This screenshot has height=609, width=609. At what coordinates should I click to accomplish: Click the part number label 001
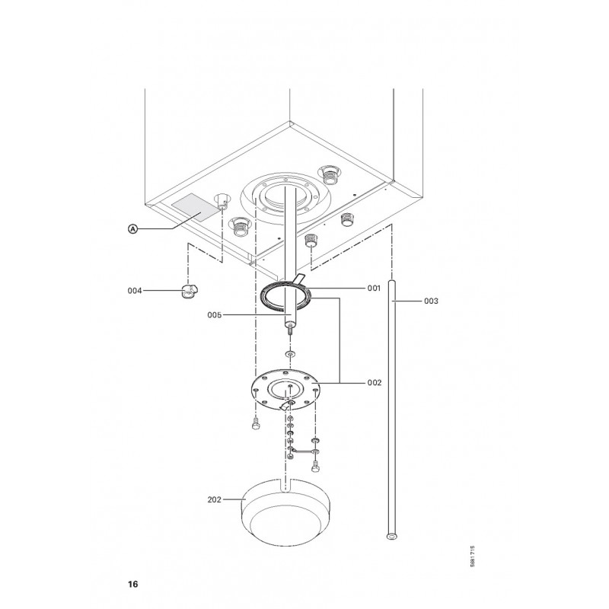click(374, 289)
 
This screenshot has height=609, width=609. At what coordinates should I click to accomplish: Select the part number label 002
click(375, 383)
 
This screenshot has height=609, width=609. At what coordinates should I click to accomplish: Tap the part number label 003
click(431, 301)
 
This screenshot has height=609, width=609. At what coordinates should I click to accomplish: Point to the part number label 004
click(135, 291)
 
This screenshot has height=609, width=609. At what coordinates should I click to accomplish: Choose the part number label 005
click(215, 315)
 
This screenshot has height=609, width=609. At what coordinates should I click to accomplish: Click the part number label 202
click(215, 499)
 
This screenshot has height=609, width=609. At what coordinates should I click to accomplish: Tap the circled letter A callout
click(132, 229)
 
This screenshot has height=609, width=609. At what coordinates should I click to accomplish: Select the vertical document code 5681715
click(472, 556)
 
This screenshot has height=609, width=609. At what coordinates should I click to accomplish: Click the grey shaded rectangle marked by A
click(196, 207)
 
